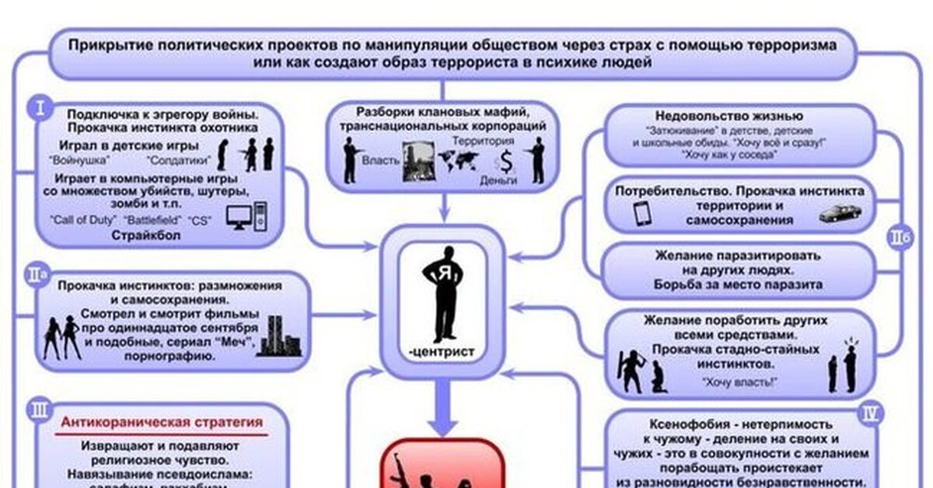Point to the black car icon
tap(839, 211)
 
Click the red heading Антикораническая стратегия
tap(162, 423)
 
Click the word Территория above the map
tap(482, 141)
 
